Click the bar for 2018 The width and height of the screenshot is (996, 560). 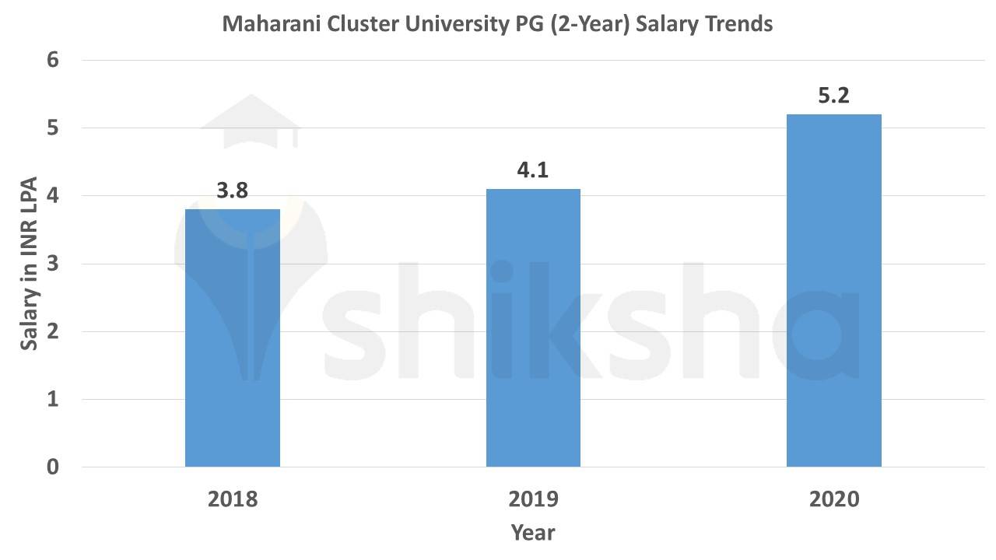(x=233, y=338)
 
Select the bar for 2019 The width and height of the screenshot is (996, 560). (x=533, y=328)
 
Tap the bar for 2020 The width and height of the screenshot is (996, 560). (x=833, y=291)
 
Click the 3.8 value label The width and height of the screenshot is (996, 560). (x=232, y=191)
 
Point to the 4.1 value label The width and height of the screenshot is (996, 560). (x=533, y=170)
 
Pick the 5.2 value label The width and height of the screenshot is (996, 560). (x=833, y=96)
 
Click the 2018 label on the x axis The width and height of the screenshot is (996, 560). (x=233, y=499)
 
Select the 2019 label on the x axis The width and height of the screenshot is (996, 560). (x=533, y=499)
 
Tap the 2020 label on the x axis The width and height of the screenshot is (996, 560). (x=833, y=499)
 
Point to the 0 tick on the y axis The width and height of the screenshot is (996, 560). (x=54, y=467)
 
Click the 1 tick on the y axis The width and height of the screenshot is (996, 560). (x=54, y=400)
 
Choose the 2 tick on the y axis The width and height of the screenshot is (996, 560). (x=54, y=332)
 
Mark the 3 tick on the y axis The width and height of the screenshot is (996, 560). (x=54, y=264)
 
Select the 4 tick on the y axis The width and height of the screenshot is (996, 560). (x=54, y=196)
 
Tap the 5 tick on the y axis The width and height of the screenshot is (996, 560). (x=54, y=128)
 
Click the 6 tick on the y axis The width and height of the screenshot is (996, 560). (x=54, y=61)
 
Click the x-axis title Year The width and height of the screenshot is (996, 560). (x=533, y=533)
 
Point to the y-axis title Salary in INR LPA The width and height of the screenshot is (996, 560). (x=29, y=263)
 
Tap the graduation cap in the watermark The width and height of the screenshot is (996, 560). (x=251, y=124)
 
